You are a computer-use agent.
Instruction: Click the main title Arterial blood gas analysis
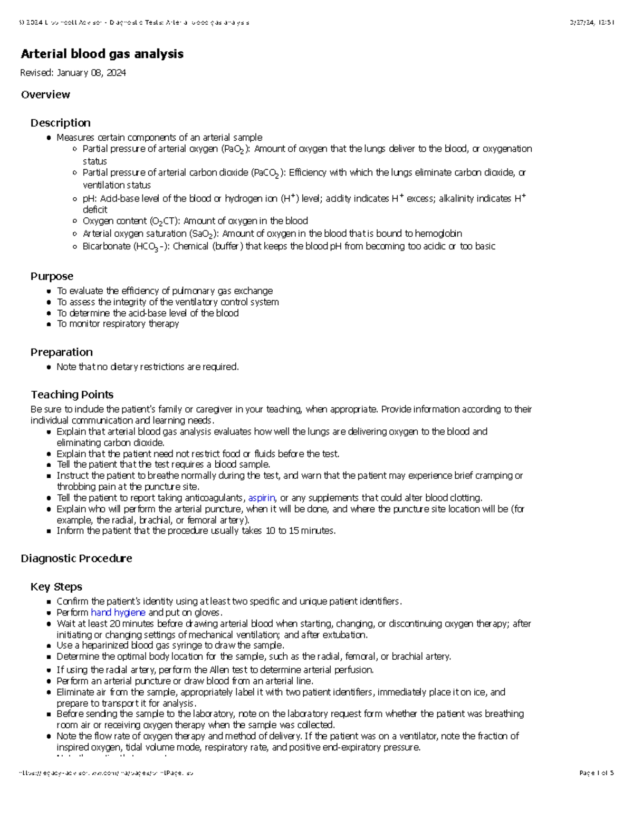[102, 54]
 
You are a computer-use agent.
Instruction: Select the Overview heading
[45, 94]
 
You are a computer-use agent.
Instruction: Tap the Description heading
[60, 123]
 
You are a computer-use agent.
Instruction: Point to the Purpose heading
[52, 276]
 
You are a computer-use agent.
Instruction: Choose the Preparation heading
[61, 352]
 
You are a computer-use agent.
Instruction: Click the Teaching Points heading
[72, 394]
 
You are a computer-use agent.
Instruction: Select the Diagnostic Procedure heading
[76, 558]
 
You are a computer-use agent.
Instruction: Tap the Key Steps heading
[56, 587]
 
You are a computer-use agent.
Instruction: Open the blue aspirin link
[262, 498]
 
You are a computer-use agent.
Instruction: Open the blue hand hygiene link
[118, 612]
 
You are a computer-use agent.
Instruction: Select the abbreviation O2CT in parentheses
[164, 221]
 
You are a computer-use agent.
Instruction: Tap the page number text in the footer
[596, 773]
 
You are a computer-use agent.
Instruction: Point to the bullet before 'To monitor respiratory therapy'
[49, 324]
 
